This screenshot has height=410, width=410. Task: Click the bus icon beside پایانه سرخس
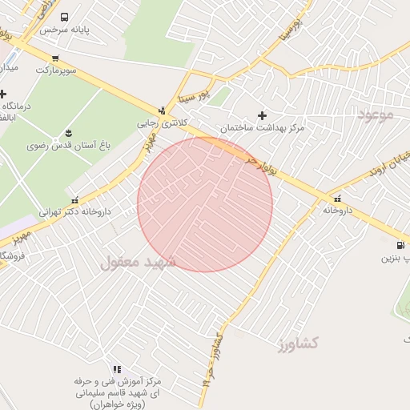[x=64, y=17]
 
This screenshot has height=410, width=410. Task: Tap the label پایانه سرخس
[x=63, y=29]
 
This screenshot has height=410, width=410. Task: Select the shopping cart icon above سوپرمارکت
[x=54, y=58]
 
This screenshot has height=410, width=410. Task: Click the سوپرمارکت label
[x=55, y=70]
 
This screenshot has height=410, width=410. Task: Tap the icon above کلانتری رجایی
[x=163, y=111]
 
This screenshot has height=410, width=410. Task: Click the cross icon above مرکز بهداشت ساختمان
[x=262, y=115]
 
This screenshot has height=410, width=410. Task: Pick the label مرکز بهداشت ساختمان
[x=262, y=128]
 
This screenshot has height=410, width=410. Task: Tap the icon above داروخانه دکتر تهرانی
[x=75, y=200]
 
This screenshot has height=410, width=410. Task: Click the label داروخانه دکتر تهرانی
[x=75, y=213]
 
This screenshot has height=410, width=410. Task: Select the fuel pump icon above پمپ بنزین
[x=400, y=245]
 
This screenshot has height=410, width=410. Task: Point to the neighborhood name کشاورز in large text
[x=298, y=344]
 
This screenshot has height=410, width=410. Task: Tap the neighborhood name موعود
[x=376, y=115]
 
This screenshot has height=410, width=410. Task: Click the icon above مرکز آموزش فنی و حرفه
[x=117, y=369]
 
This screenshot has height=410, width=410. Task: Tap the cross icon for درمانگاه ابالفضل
[x=3, y=94]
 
